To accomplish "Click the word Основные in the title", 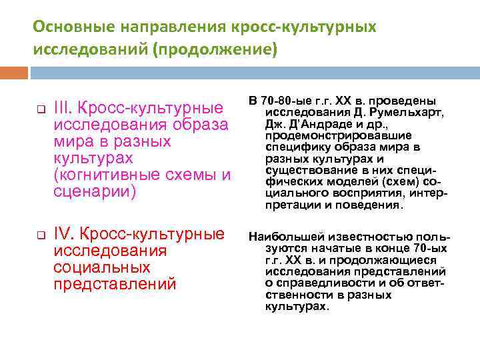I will [x=65, y=27].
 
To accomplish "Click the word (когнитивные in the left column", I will [x=99, y=175].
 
